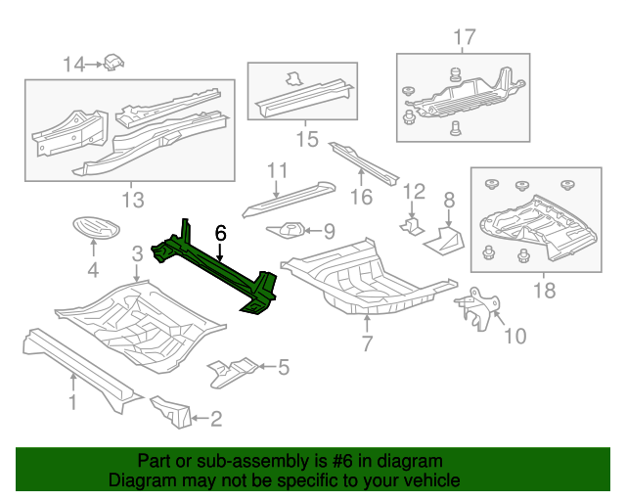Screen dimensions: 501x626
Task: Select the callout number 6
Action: [x=221, y=233]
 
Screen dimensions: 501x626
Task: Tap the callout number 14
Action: [x=74, y=65]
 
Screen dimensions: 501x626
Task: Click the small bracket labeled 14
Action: [x=114, y=62]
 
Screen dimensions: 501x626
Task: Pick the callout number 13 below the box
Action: [x=132, y=201]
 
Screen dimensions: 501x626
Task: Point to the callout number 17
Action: [x=464, y=37]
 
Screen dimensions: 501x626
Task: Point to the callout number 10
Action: [x=514, y=337]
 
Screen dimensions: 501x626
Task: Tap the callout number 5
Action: [x=284, y=368]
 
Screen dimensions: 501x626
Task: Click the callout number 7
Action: [x=367, y=342]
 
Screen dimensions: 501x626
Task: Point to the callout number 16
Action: [x=362, y=198]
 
